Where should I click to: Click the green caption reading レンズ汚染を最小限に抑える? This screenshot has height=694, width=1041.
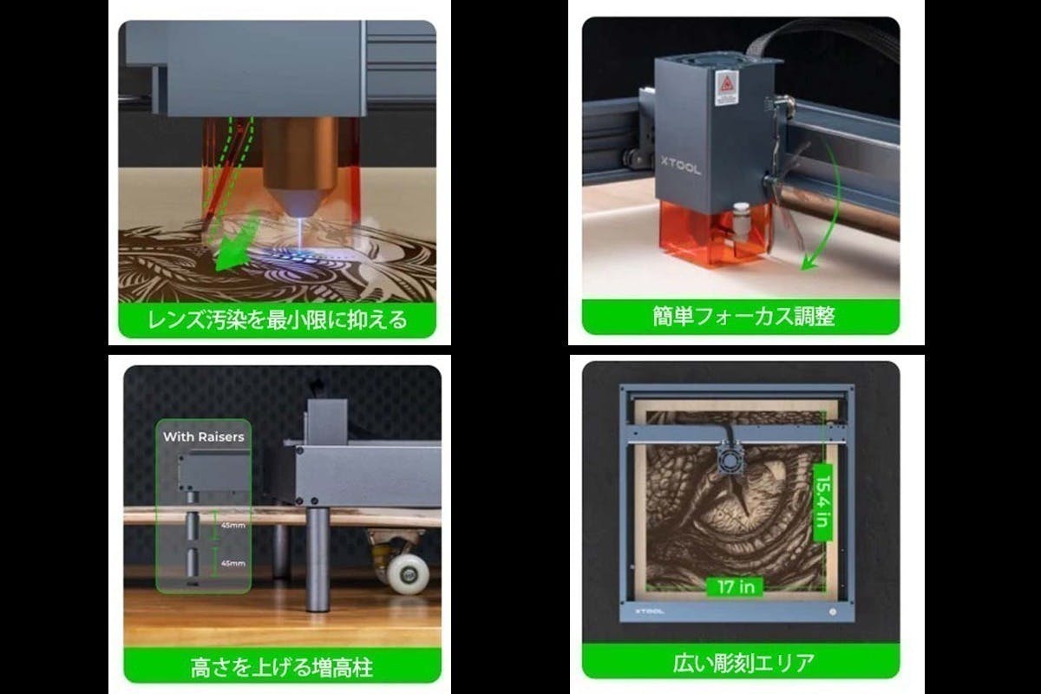277,320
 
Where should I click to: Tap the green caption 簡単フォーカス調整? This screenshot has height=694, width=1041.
743,317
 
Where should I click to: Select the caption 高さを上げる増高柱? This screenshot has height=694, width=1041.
283,668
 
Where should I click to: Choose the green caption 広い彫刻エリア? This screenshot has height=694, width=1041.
743,665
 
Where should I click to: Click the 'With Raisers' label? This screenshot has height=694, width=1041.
203,436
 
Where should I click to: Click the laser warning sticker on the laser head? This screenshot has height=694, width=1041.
726,88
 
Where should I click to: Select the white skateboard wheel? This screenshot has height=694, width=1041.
407,573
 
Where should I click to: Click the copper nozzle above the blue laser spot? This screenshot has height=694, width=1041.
299,160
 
